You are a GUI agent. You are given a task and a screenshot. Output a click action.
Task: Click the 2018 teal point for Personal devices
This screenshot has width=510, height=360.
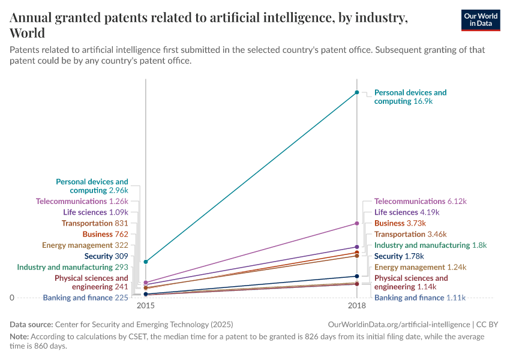[357, 92]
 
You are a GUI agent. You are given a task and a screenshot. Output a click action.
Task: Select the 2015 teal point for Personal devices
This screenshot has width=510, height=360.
[146, 262]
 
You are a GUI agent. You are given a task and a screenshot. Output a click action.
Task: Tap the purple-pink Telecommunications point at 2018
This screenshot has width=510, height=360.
[357, 223]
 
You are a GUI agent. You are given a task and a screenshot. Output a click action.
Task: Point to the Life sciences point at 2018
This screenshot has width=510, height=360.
[357, 247]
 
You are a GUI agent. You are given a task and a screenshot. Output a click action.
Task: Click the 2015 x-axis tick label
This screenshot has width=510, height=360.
[146, 305]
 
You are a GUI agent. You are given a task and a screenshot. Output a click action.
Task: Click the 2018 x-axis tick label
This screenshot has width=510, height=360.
[357, 305]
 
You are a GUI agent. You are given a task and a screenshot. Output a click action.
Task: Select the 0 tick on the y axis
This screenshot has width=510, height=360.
[12, 298]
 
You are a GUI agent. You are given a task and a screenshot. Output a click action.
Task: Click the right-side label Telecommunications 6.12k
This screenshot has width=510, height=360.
[420, 202]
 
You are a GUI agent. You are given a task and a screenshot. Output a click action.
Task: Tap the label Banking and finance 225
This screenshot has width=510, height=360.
[86, 298]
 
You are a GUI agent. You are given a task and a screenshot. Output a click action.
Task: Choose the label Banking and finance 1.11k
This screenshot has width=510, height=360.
[419, 298]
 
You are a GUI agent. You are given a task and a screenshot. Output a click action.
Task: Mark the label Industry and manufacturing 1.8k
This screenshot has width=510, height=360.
[430, 245]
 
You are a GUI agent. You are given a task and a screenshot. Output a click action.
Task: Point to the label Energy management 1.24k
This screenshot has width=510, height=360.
[420, 267]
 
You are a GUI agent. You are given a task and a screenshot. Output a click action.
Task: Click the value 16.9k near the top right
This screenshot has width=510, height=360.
[422, 101]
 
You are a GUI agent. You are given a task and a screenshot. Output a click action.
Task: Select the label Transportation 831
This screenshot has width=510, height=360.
[95, 223]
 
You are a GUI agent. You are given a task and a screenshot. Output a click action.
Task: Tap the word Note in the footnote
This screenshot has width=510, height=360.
[19, 337]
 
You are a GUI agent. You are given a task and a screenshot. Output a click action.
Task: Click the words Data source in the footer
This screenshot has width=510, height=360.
[31, 324]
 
